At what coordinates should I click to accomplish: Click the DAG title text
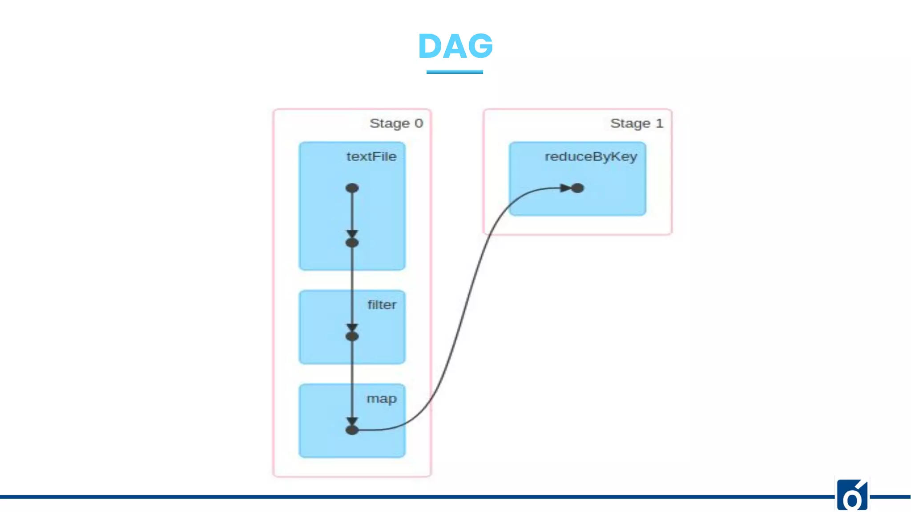pyautogui.click(x=455, y=46)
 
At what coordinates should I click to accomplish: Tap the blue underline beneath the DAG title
pyautogui.click(x=455, y=72)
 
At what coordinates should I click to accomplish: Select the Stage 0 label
pyautogui.click(x=396, y=123)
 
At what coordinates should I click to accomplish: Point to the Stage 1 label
pyautogui.click(x=637, y=123)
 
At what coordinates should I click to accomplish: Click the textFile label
pyautogui.click(x=371, y=156)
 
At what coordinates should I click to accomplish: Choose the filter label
pyautogui.click(x=382, y=305)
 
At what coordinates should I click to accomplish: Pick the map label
pyautogui.click(x=381, y=399)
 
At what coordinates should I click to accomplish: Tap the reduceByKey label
pyautogui.click(x=591, y=156)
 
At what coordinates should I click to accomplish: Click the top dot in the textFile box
pyautogui.click(x=352, y=188)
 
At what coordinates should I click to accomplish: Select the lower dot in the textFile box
pyautogui.click(x=352, y=243)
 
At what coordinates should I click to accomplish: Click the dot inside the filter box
pyautogui.click(x=352, y=336)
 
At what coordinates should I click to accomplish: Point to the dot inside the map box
pyautogui.click(x=352, y=430)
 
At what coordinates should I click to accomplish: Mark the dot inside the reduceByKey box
pyautogui.click(x=577, y=188)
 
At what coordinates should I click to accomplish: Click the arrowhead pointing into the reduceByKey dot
pyautogui.click(x=565, y=188)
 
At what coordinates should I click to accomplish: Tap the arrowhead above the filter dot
pyautogui.click(x=352, y=327)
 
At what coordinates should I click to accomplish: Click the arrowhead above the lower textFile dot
pyautogui.click(x=352, y=233)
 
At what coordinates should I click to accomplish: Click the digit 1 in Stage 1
pyautogui.click(x=659, y=123)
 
